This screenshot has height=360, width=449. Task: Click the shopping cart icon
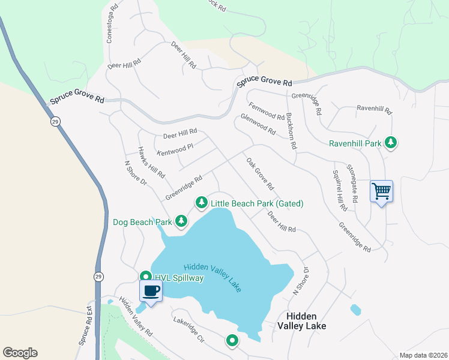coord(381,192)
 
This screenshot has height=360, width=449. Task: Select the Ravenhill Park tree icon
coord(391,142)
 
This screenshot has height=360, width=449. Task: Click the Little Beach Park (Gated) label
coord(256,203)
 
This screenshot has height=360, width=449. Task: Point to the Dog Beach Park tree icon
coord(181,222)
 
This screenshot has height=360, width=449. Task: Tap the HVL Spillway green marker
coord(145,277)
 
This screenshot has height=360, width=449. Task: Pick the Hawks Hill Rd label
coord(151,163)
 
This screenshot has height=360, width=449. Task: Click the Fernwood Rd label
coord(267,111)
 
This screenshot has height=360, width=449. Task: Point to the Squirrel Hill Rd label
coord(339,190)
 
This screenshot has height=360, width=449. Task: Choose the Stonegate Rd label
coord(355,182)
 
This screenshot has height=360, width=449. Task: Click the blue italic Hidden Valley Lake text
coord(212,277)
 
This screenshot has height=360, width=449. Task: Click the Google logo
coord(20,353)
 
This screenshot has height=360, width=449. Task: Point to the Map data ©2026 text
coord(423,355)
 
